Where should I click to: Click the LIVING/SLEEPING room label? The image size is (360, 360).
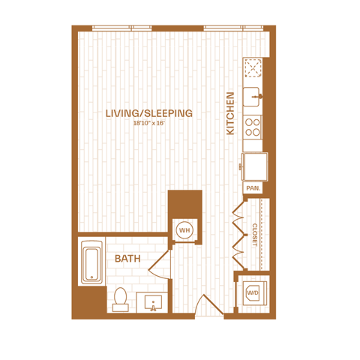[149, 113]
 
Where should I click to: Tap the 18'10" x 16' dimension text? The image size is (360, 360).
[149, 123]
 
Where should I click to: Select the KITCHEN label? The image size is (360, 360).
[230, 113]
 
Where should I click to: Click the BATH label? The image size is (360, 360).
[127, 259]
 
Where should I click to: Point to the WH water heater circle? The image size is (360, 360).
[184, 230]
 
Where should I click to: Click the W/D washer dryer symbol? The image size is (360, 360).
[253, 292]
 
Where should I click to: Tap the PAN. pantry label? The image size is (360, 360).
[253, 188]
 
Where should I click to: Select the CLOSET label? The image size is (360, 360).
[254, 235]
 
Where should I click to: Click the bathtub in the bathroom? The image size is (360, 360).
[92, 262]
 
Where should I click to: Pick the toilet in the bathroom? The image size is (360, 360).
[120, 299]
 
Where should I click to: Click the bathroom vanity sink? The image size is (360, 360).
[153, 302]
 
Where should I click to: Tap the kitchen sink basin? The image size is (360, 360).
[252, 97]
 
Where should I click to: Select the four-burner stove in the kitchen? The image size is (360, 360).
[253, 127]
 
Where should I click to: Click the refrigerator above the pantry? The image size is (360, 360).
[254, 166]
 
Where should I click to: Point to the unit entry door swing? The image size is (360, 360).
[208, 304]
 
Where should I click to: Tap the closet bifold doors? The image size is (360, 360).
[238, 235]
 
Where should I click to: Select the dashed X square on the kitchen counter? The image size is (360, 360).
[253, 67]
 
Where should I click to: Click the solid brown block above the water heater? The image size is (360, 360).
[185, 204]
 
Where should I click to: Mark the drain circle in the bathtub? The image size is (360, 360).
[91, 277]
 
